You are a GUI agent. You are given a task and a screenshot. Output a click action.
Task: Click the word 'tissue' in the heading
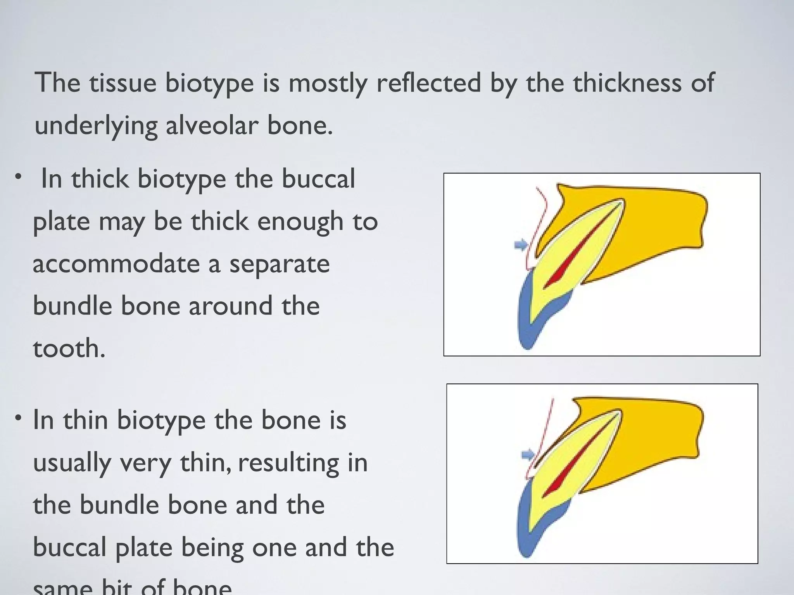pyautogui.click(x=123, y=83)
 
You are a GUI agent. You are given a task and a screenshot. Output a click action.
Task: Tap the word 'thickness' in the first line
pyautogui.click(x=627, y=83)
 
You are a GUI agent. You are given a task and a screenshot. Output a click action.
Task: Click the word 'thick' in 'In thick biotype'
pyautogui.click(x=100, y=179)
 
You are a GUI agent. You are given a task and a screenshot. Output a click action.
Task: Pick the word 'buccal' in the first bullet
pyautogui.click(x=318, y=179)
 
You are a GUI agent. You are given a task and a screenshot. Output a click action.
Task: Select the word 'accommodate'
pyautogui.click(x=116, y=264)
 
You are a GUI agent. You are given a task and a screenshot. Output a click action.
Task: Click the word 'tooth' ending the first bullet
pyautogui.click(x=65, y=348)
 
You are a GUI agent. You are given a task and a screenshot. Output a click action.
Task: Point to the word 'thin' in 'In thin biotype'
pyautogui.click(x=86, y=420)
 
